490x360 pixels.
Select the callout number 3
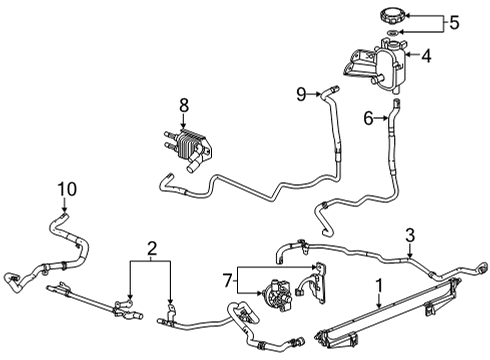[409, 235]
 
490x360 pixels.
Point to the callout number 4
[426, 57]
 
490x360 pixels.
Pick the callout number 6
[368, 118]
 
